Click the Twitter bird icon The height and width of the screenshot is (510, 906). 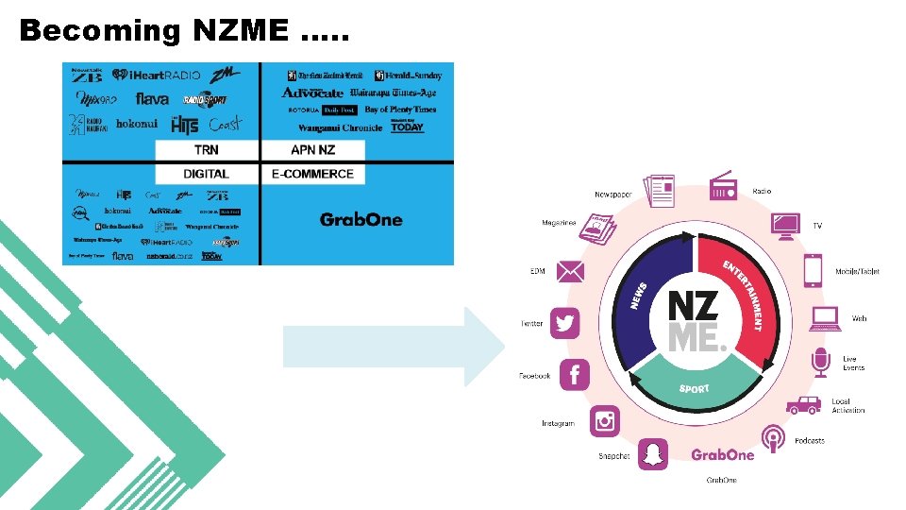click(565, 324)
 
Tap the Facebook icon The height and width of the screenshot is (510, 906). click(575, 375)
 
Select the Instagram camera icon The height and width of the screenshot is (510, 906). click(605, 421)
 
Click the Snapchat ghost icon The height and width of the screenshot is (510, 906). click(652, 454)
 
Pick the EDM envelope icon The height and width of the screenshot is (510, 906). click(571, 272)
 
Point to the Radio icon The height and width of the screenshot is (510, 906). click(724, 188)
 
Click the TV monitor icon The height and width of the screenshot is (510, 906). click(785, 226)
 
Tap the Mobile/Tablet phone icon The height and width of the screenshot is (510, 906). click(814, 271)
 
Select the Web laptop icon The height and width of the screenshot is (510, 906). click(824, 318)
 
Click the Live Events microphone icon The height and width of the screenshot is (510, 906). click(821, 363)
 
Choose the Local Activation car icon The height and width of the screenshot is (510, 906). click(804, 405)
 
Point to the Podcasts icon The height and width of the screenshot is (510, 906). click(774, 439)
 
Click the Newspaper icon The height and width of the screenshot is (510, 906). click(659, 191)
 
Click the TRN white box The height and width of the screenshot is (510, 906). click(207, 150)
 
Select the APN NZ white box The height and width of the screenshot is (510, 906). click(312, 150)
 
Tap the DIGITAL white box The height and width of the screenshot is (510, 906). click(207, 174)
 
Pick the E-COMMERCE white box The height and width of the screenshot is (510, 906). click(312, 174)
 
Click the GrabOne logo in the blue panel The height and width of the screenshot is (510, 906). click(361, 220)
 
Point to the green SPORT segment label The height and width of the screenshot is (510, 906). click(694, 389)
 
